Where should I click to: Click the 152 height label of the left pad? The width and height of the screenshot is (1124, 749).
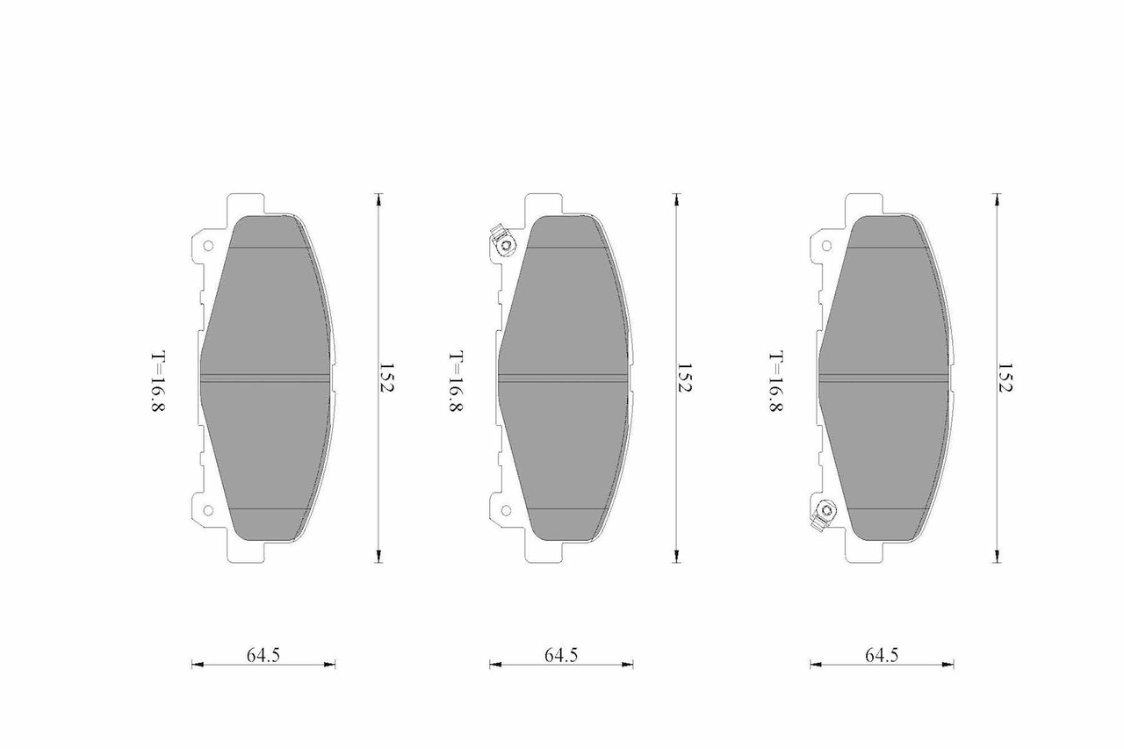pos(387,378)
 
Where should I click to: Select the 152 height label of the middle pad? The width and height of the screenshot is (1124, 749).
pos(685,378)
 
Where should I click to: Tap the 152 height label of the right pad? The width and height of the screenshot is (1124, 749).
pos(1005,378)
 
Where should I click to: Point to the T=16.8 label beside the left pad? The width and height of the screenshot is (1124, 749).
pos(158,381)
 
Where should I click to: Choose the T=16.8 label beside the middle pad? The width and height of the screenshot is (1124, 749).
pos(456,381)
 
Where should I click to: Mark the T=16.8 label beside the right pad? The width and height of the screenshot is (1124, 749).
pos(776,381)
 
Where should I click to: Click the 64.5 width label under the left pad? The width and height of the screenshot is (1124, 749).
pos(263,655)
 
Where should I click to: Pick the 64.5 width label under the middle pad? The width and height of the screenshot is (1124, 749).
pos(561,655)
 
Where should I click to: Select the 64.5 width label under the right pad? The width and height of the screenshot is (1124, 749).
pos(882,655)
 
